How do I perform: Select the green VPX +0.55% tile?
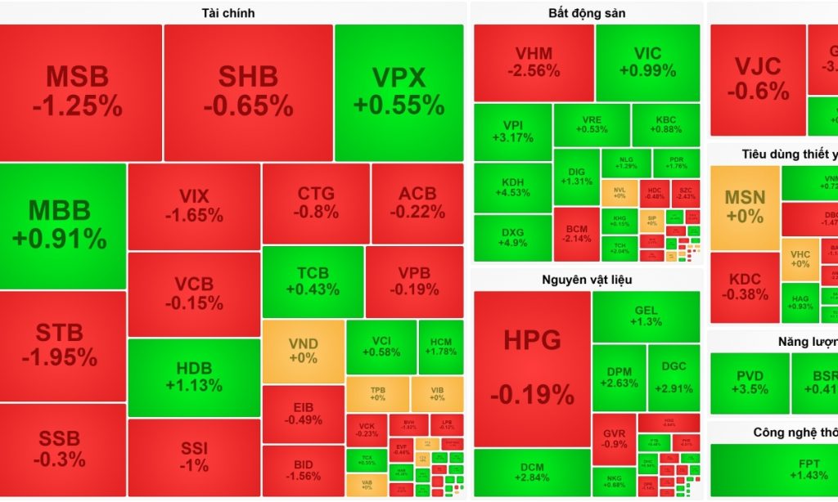coord(399,92)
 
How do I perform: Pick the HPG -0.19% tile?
coord(532,368)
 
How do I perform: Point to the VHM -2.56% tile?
coord(534,62)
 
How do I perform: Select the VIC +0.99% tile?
coord(647,62)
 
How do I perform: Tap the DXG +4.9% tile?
coord(513,237)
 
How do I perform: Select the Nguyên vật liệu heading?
coord(587,280)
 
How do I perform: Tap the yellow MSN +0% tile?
coord(745,207)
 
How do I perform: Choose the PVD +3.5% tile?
coord(750,383)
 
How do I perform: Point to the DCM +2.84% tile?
coord(533,472)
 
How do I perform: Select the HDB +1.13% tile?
coord(193,377)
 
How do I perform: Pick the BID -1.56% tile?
coord(303,470)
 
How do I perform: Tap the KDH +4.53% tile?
coord(513,186)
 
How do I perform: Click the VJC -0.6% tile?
coord(758,79)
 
